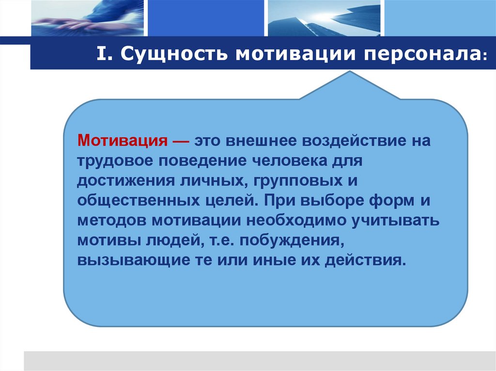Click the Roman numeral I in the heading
coord(102,55)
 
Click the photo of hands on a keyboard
coord(87,18)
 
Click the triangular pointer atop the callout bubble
coord(350,87)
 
